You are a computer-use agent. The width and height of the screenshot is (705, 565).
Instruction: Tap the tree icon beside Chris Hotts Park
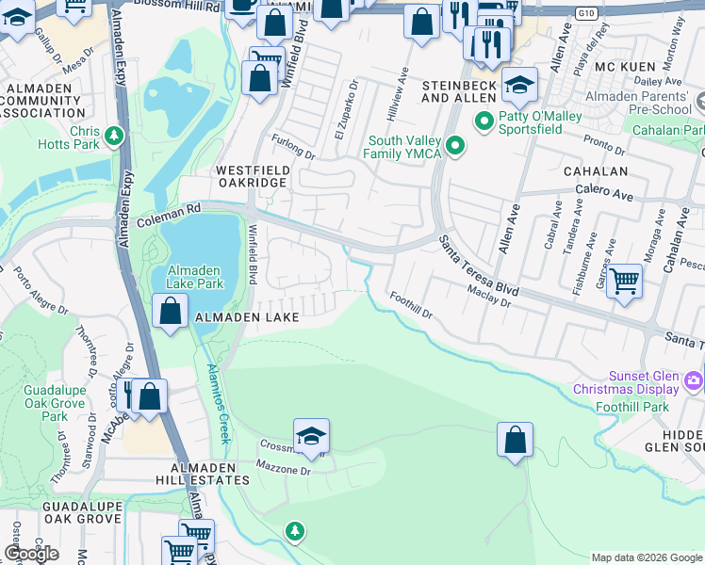115,137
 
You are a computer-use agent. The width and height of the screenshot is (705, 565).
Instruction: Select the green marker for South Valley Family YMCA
456,146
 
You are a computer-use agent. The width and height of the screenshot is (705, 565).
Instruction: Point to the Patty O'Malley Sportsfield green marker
484,120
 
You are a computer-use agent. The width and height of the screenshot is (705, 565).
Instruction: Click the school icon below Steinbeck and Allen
518,87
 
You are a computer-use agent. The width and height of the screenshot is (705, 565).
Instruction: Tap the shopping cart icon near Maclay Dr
624,281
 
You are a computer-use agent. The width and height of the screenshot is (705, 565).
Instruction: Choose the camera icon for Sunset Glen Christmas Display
694,380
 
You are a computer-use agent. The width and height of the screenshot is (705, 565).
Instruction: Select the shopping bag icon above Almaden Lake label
170,312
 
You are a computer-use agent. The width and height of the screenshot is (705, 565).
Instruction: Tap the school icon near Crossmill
311,436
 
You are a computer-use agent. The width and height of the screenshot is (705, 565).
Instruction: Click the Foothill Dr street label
410,305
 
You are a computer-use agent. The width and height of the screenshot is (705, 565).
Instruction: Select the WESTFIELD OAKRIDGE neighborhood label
253,177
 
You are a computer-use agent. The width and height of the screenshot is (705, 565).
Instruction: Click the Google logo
32,554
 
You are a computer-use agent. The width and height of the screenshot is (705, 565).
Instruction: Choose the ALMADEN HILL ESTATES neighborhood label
195,474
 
